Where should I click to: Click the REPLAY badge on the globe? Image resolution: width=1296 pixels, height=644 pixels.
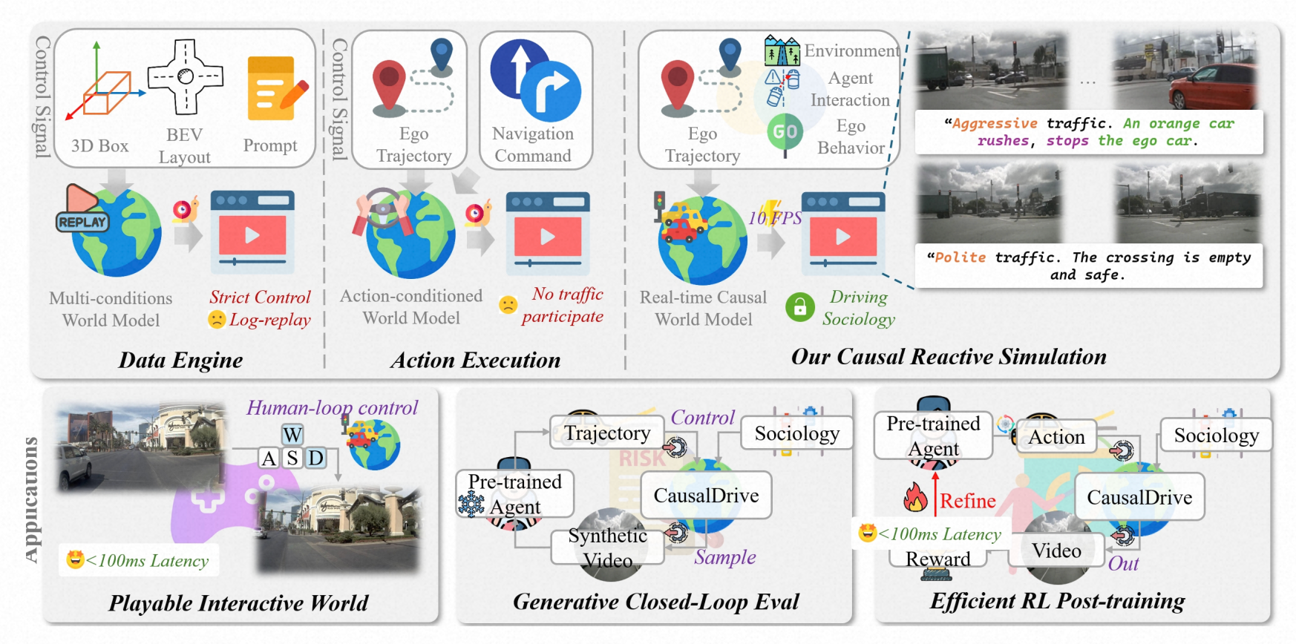pos(82,222)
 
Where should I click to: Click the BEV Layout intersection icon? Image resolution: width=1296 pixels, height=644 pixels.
pos(186,76)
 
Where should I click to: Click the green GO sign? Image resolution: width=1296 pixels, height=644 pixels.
pos(785,133)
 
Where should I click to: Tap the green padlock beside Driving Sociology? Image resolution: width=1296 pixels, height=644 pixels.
pos(800,307)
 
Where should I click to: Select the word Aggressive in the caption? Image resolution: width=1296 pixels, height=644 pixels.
pos(995,123)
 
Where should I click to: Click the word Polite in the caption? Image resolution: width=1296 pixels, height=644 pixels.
pos(960,257)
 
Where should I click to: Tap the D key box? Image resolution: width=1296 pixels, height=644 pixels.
pos(316,458)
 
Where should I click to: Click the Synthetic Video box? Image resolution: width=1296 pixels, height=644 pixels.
pos(608,547)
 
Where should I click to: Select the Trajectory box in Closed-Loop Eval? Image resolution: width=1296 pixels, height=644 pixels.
pos(607,433)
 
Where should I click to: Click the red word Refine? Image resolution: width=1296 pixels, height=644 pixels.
pos(968,502)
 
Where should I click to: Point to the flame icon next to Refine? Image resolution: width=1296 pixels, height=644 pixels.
pos(915,497)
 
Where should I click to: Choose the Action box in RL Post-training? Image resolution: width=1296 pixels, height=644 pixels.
pos(1056,437)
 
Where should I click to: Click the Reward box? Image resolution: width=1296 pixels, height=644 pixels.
pos(938,559)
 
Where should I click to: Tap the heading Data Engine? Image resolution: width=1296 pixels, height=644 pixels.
pos(181,361)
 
